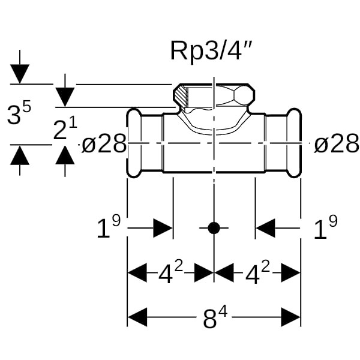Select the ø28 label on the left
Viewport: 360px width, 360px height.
(x=104, y=144)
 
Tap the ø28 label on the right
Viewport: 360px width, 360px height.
(x=336, y=144)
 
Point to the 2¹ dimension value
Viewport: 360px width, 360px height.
(x=65, y=129)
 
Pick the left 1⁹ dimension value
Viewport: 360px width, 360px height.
(x=109, y=228)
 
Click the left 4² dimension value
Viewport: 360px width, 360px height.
(x=171, y=274)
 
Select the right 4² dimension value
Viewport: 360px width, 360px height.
(x=257, y=274)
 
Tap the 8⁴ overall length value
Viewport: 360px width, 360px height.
(x=214, y=318)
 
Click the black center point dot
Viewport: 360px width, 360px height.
(x=214, y=228)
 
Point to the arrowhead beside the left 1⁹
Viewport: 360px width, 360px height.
(x=163, y=228)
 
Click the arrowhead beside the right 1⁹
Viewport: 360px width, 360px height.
(x=266, y=228)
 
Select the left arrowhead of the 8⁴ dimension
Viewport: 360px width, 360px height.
(x=137, y=317)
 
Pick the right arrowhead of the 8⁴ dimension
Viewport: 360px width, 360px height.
(x=290, y=317)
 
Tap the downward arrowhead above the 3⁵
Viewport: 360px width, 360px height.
(x=20, y=74)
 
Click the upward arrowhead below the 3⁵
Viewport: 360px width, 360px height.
(x=20, y=156)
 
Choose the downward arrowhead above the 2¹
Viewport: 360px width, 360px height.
(x=65, y=97)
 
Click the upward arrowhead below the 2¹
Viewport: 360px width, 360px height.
(x=65, y=155)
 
